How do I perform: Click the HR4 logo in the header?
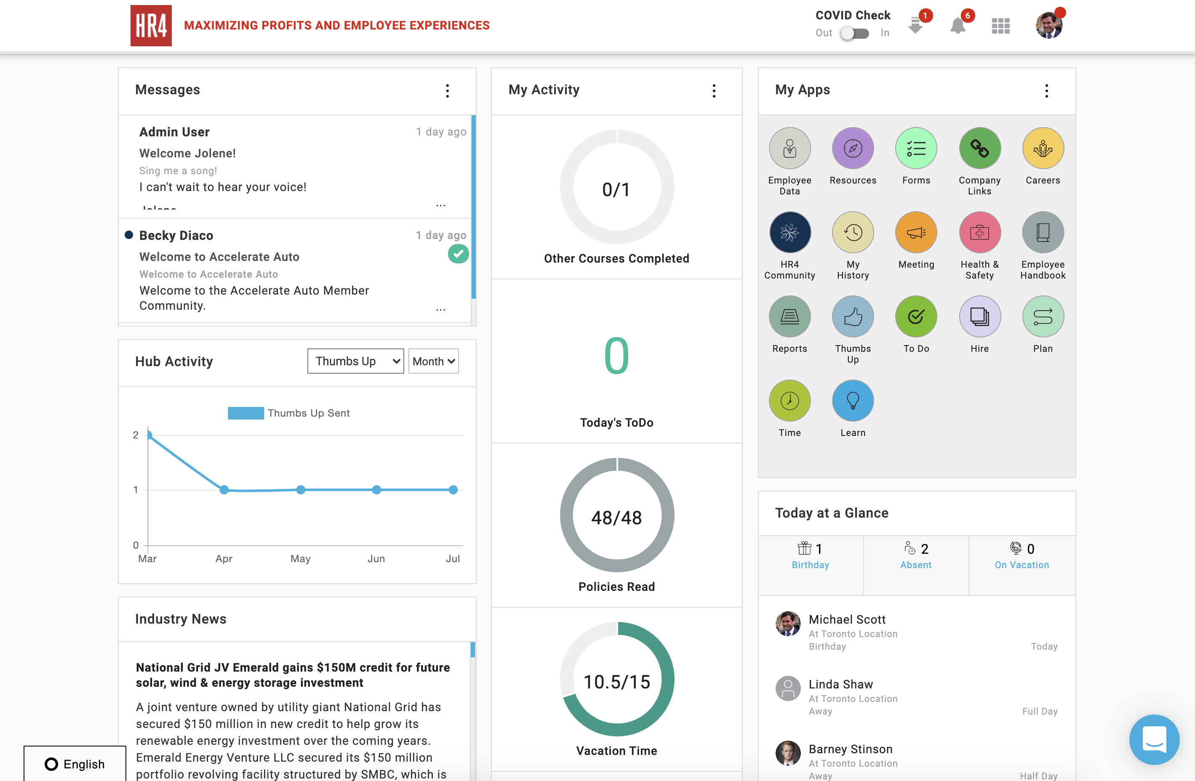tap(151, 26)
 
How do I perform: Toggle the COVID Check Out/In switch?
tap(855, 33)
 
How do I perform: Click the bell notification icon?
tap(958, 26)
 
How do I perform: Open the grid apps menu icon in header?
tap(1000, 26)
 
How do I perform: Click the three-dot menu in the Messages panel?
tap(447, 91)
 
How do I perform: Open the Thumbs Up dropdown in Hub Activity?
tap(355, 361)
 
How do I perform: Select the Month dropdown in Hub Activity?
tap(433, 361)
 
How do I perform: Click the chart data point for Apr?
tap(224, 490)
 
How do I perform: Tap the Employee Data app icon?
tap(790, 149)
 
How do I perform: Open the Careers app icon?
tap(1042, 149)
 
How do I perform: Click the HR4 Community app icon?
tap(790, 233)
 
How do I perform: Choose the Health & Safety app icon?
tap(979, 233)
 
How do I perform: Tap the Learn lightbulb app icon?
tap(853, 401)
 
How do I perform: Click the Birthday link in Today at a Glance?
tap(810, 565)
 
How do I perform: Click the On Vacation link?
tap(1021, 565)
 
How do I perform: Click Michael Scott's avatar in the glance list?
tap(788, 623)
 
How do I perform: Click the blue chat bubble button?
tap(1154, 739)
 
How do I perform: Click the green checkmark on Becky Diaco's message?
tap(458, 254)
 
